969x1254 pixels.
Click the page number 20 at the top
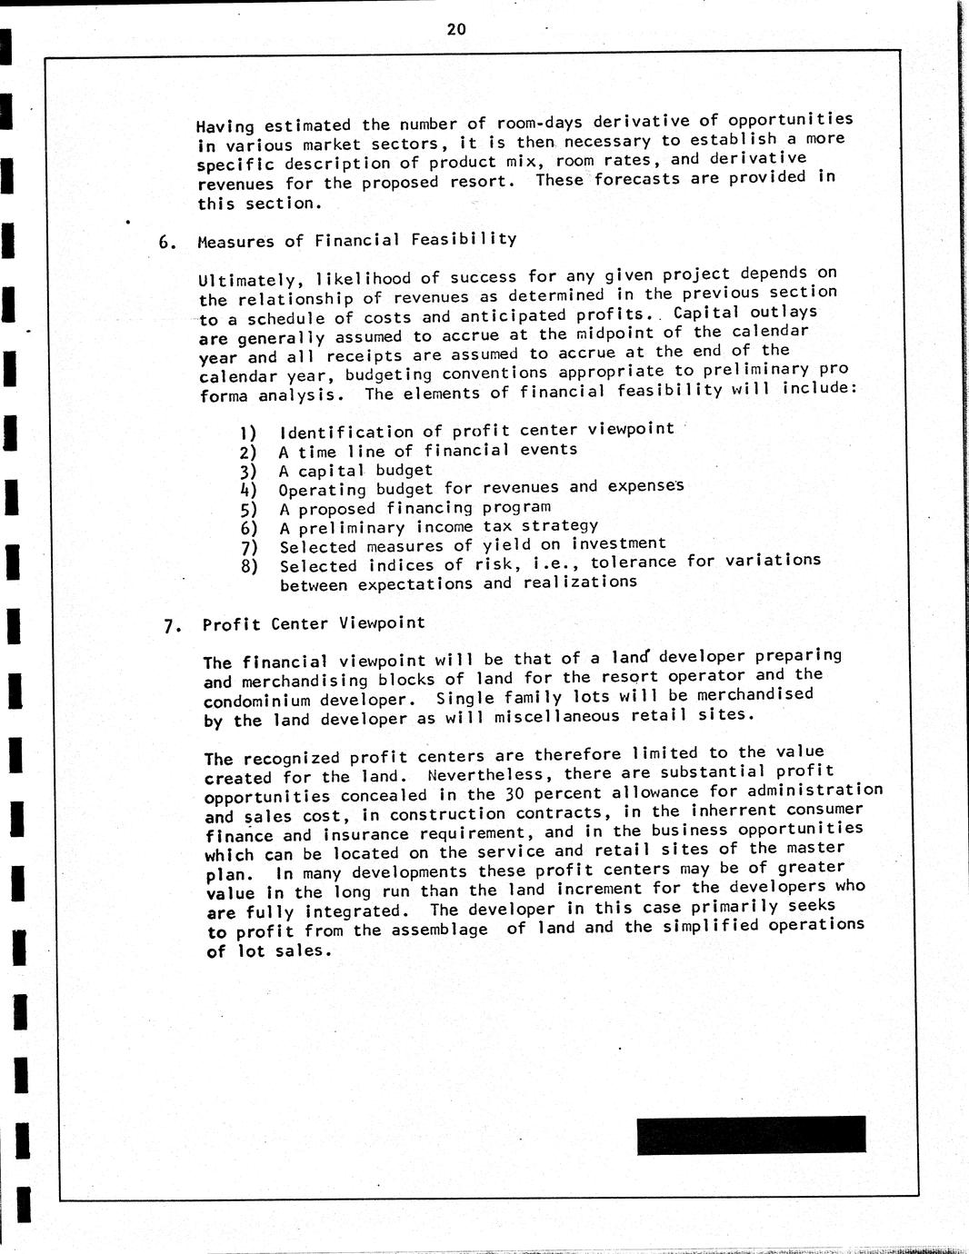click(x=456, y=29)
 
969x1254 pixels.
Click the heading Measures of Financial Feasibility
click(x=356, y=240)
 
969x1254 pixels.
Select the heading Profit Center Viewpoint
click(x=314, y=623)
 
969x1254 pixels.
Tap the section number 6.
click(x=166, y=243)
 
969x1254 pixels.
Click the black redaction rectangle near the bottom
click(x=751, y=1135)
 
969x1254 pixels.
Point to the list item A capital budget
click(x=355, y=470)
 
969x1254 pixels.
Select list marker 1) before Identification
click(x=247, y=433)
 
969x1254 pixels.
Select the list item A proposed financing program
click(x=415, y=508)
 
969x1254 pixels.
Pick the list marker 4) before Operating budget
click(x=248, y=490)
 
